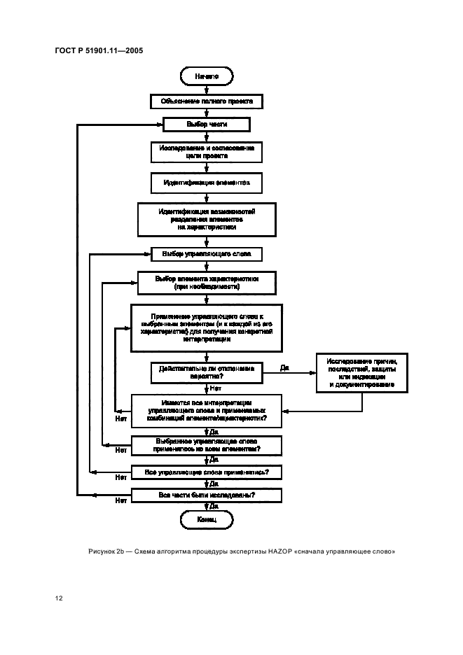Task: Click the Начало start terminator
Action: point(206,76)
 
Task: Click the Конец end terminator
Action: point(206,519)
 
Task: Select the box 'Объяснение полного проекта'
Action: point(206,101)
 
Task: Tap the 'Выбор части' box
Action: point(206,125)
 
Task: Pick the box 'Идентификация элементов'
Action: point(206,183)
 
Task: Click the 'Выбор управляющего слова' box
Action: point(206,253)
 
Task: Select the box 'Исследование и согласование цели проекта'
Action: point(206,153)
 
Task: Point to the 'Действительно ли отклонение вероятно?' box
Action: point(206,372)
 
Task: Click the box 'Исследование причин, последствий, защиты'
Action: point(362,373)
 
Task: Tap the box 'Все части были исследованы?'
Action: point(206,495)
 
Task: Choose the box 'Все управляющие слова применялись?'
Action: point(206,472)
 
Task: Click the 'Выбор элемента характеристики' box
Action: point(206,283)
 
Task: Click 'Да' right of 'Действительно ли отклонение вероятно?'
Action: point(284,367)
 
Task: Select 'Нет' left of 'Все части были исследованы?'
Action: point(120,500)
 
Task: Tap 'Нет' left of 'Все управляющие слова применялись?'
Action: point(120,477)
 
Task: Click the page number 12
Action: point(59,598)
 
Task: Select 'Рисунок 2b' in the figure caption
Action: point(104,551)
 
